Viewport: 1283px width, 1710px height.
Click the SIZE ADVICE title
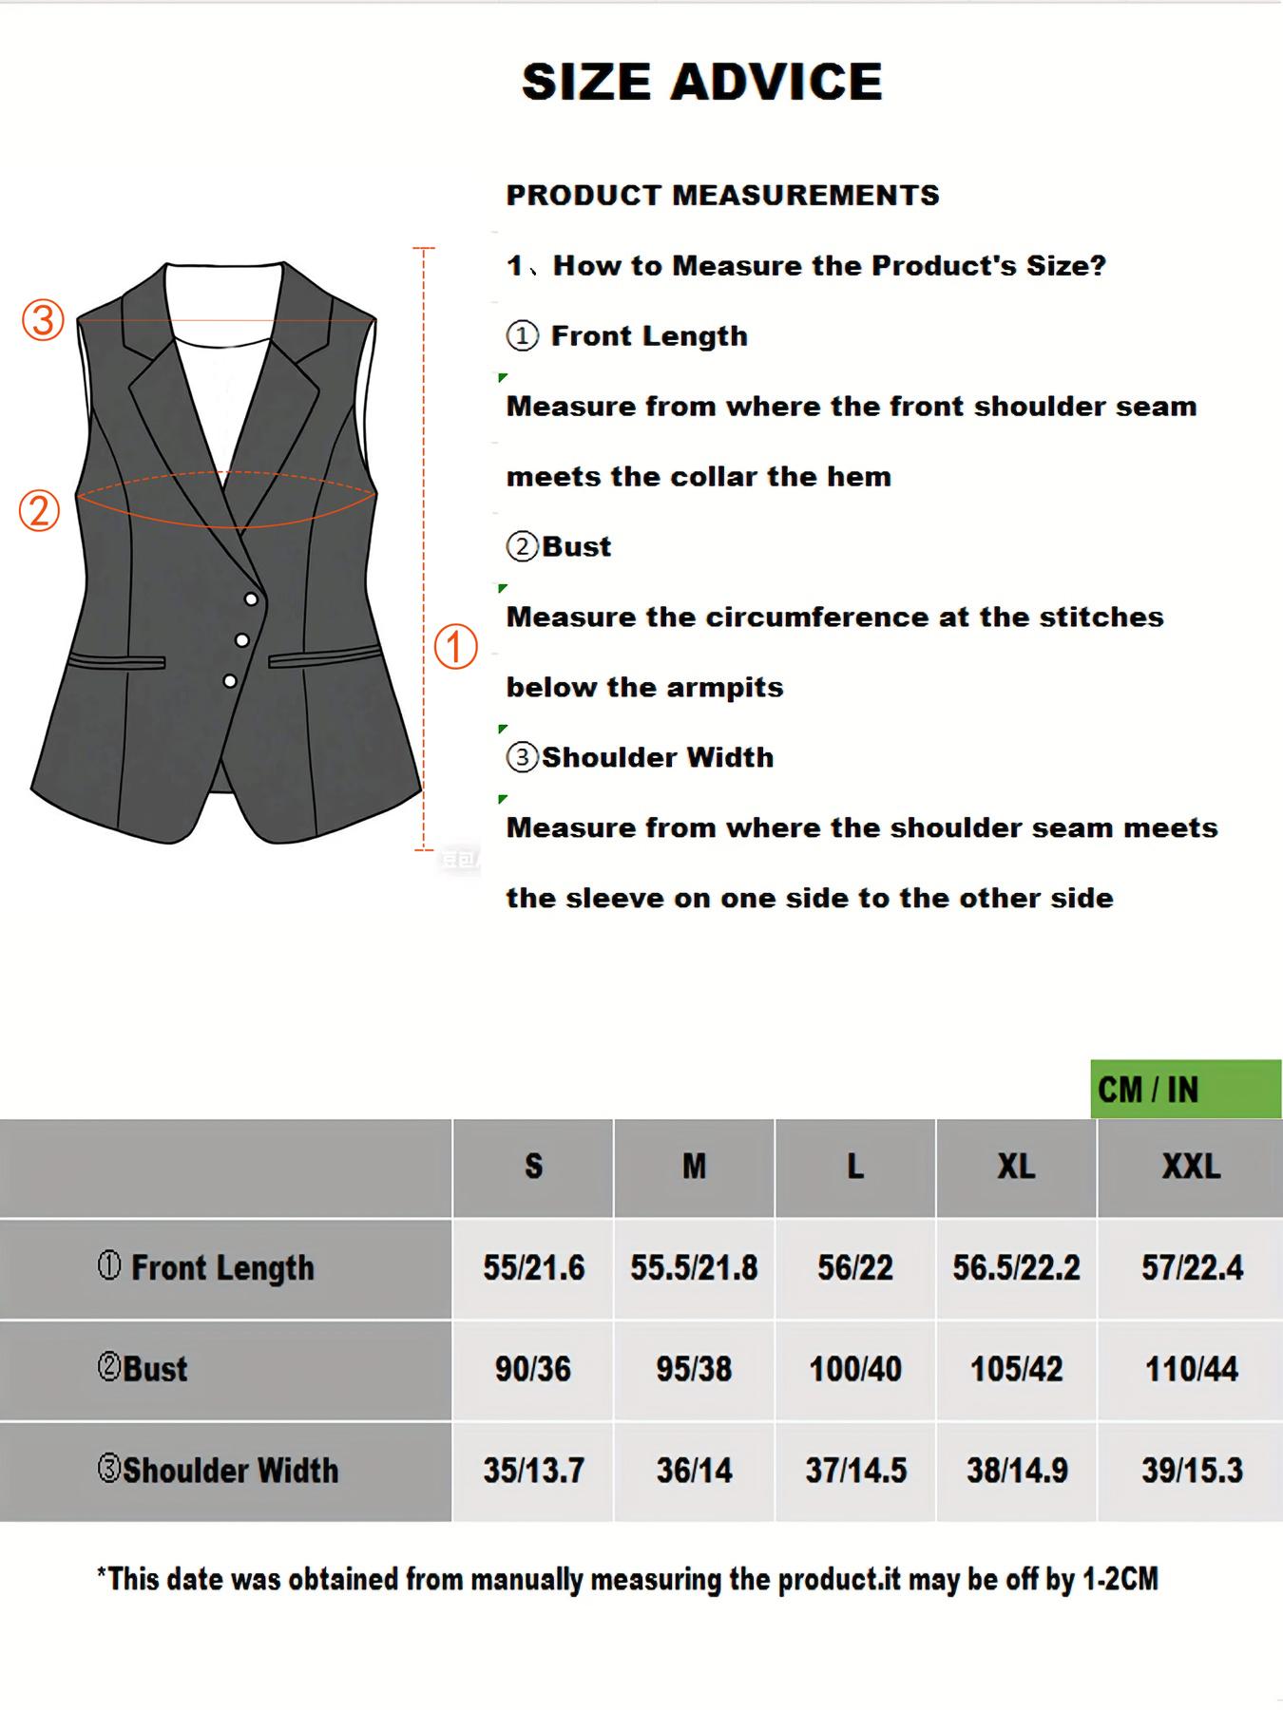[702, 82]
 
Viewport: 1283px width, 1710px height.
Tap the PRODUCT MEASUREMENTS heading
[722, 196]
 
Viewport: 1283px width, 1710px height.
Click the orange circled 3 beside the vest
[43, 320]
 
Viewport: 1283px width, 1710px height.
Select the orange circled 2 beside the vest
[40, 510]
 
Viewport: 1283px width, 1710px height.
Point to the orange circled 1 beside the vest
[455, 647]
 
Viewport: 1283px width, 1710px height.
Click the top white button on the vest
[251, 598]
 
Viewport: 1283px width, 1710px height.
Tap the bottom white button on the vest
[230, 681]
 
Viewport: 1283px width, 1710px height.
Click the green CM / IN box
[1185, 1090]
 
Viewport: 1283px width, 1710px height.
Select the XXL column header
[1191, 1167]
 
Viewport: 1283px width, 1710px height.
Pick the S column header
[533, 1167]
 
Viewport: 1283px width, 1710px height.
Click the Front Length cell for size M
[694, 1268]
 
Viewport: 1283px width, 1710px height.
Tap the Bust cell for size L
[855, 1369]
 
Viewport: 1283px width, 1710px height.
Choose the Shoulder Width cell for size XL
[1017, 1471]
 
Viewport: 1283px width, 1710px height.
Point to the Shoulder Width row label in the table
[219, 1471]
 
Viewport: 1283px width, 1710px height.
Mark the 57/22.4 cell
[1192, 1268]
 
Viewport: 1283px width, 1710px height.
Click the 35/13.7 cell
[533, 1471]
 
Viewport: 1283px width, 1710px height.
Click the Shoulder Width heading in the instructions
[657, 758]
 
